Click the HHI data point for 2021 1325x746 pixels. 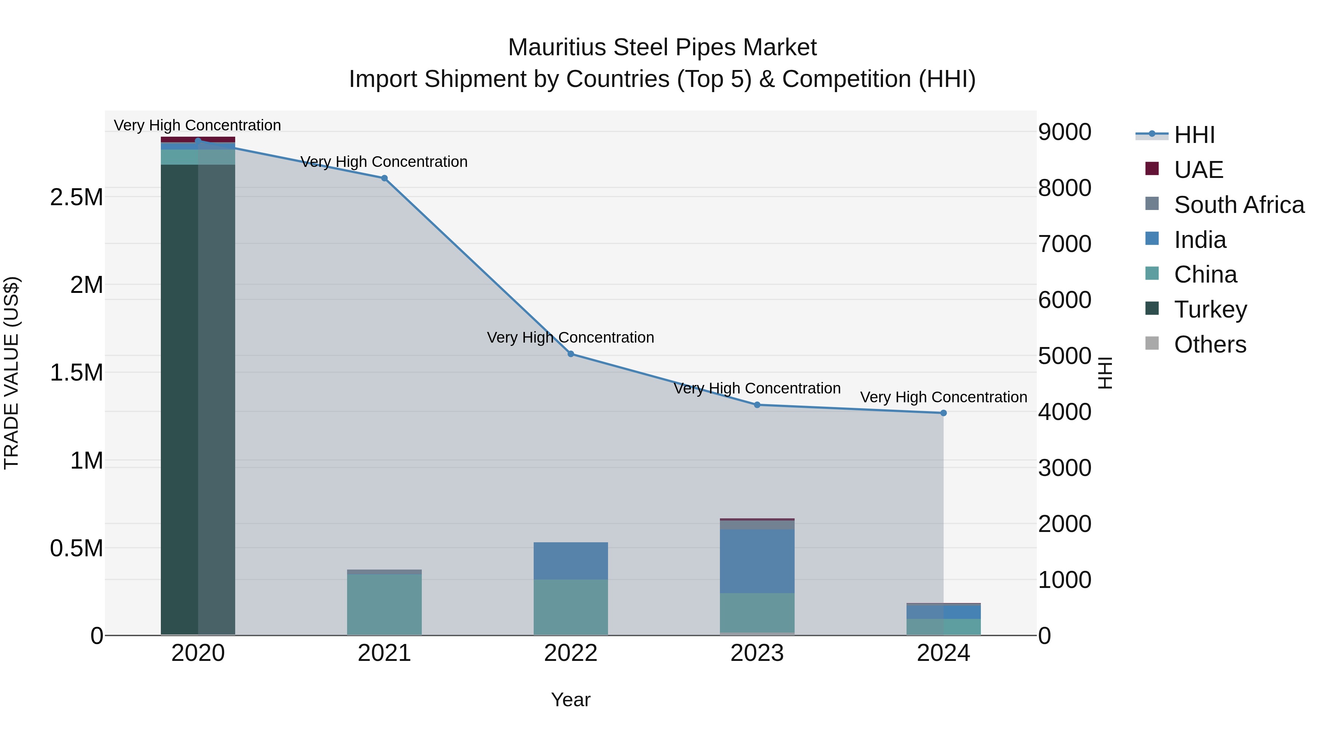click(x=384, y=178)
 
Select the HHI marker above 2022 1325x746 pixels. click(x=570, y=354)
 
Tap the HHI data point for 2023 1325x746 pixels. click(x=757, y=404)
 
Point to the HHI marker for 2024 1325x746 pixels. click(x=943, y=413)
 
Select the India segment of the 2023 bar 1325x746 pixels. click(x=757, y=561)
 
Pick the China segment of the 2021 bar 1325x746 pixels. click(x=384, y=605)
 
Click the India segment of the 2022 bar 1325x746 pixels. click(x=570, y=561)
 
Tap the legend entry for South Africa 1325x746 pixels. click(x=1239, y=205)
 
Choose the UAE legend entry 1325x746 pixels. click(x=1198, y=170)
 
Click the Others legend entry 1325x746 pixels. click(x=1210, y=344)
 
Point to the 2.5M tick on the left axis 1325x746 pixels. click(x=76, y=197)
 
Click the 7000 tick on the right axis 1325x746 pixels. click(x=1064, y=244)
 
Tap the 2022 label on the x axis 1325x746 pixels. click(x=570, y=653)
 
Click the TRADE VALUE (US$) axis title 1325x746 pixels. click(x=11, y=373)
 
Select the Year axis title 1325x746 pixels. click(x=570, y=700)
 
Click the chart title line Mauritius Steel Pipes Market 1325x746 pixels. click(x=662, y=48)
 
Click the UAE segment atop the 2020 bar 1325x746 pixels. click(x=198, y=140)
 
